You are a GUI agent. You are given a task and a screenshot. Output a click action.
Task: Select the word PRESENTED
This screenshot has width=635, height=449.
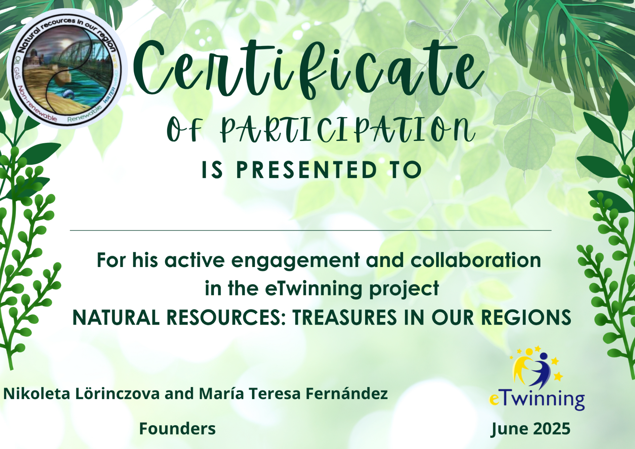coord(307,170)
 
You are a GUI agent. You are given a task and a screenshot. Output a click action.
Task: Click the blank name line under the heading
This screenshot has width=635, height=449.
coord(311,230)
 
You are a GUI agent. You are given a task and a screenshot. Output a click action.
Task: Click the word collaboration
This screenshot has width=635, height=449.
coord(476,260)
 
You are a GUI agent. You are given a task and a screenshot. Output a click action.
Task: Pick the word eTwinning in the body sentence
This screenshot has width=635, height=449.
coord(314,289)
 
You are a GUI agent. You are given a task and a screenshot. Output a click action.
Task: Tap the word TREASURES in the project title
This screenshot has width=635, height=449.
coord(345,318)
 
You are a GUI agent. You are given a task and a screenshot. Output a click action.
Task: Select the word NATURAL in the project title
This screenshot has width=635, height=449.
coord(116,318)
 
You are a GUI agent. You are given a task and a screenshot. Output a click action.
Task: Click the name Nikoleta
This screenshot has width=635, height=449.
coord(37,394)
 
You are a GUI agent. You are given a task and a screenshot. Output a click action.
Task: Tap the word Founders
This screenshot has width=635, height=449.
coord(177,429)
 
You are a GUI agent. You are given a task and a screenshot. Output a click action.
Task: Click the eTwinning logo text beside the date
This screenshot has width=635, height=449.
coord(537,400)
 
